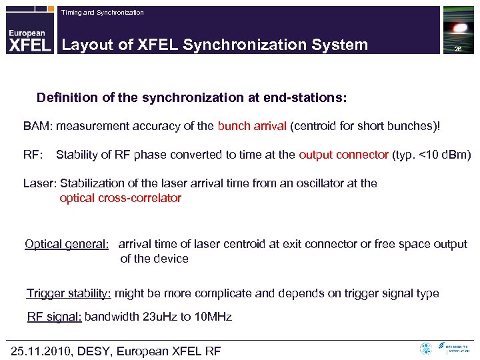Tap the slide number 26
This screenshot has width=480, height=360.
point(458,50)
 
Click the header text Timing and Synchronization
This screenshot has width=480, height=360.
point(102,13)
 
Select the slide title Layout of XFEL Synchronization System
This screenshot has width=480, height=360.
point(215,45)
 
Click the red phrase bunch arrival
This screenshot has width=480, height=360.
point(251,126)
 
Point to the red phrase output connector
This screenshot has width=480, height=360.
point(343,155)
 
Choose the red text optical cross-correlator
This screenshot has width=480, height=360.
point(120,198)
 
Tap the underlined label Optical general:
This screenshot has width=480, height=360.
point(67,244)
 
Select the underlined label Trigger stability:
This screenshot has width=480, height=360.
point(69,293)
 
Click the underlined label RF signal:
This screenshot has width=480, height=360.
point(54,317)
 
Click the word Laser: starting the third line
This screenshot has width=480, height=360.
point(39,183)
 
